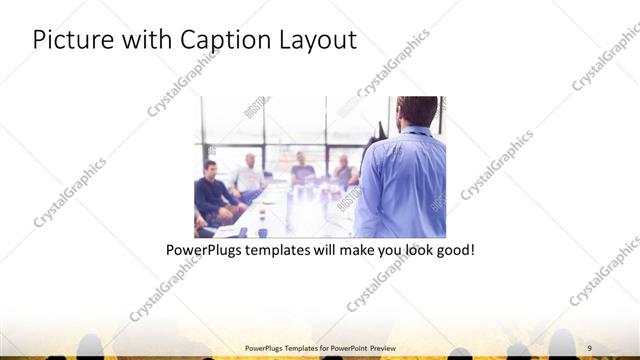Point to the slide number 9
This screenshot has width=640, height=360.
tap(590, 347)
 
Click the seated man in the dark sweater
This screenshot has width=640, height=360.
tap(212, 192)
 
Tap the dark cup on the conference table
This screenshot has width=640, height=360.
tap(262, 232)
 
